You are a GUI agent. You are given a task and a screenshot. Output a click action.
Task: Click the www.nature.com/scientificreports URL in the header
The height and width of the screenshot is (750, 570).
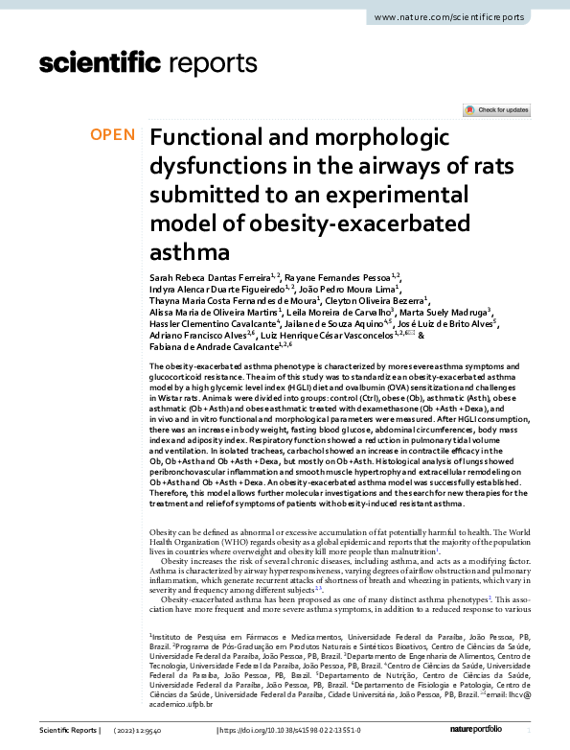[463, 18]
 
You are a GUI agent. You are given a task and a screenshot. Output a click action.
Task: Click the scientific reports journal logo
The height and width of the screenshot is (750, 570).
[148, 64]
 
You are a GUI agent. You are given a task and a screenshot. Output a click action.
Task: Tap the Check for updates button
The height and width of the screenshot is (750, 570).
[496, 110]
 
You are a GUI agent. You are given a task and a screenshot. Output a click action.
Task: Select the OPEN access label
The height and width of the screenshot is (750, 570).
[113, 135]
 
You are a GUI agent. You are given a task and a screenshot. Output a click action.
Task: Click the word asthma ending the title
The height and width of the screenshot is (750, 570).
[190, 254]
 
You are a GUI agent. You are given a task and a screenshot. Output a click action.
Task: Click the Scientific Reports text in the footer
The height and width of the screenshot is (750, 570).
[68, 731]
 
